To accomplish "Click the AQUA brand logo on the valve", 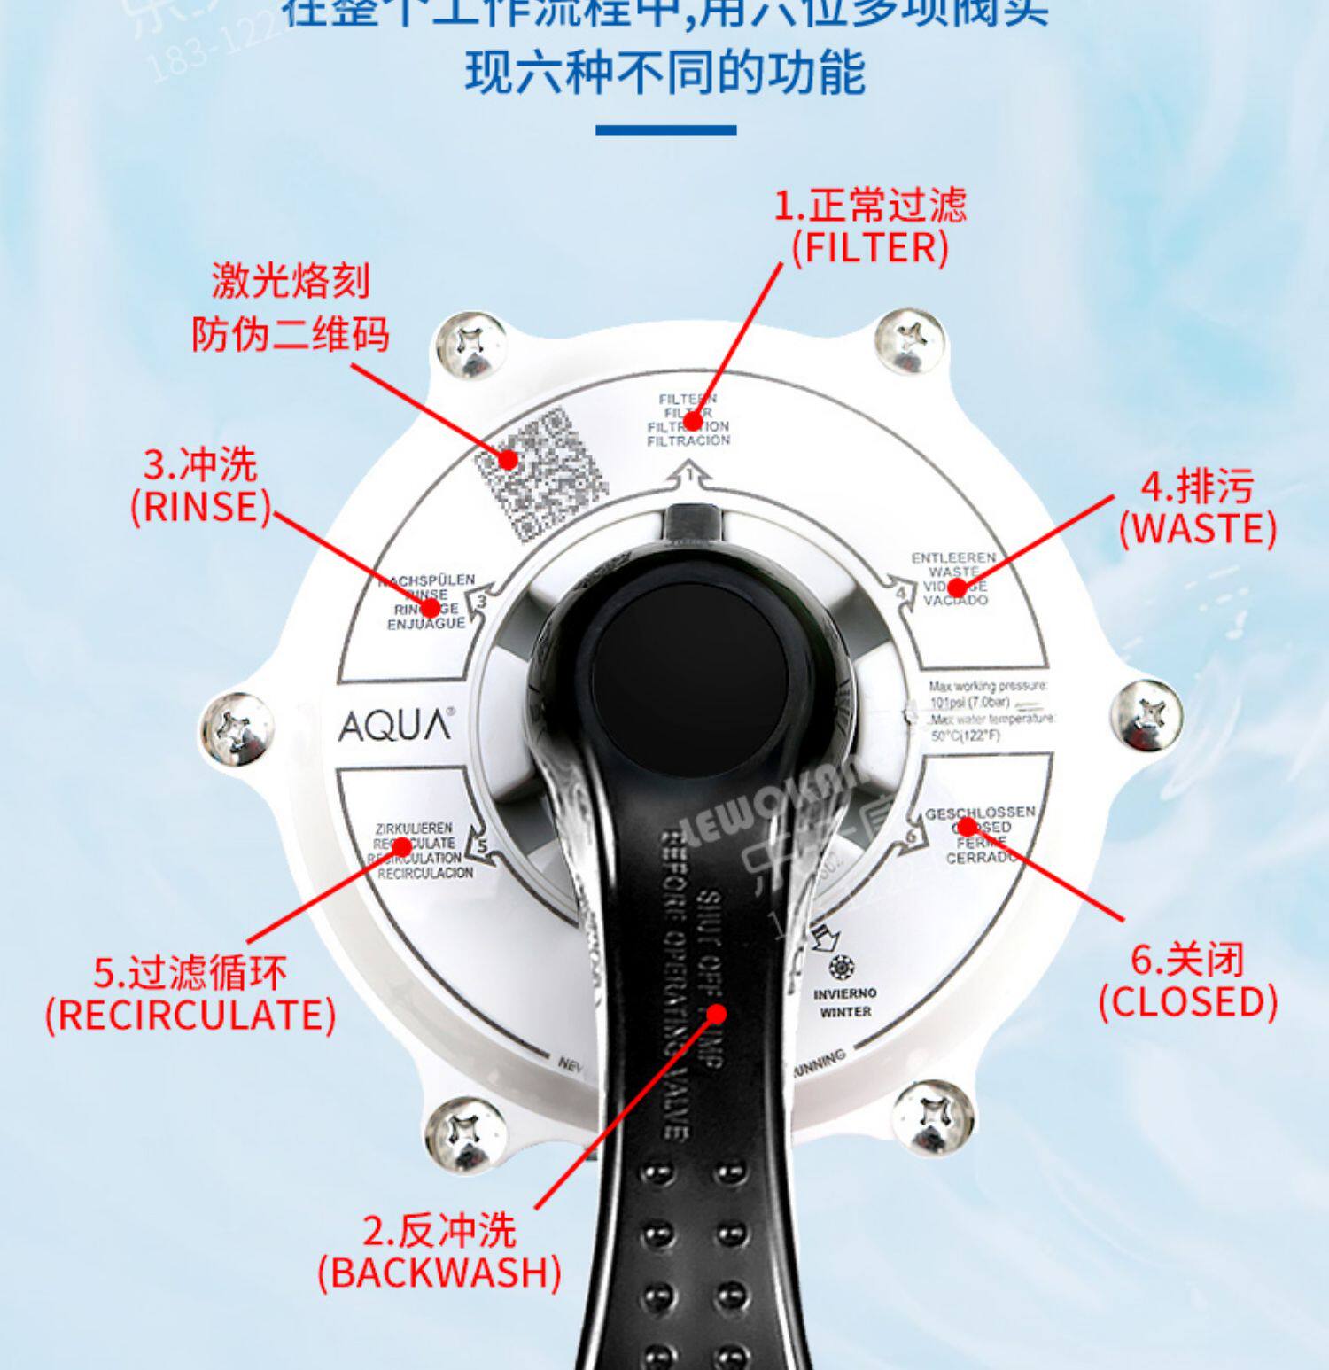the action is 395,726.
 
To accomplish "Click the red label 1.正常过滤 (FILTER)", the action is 870,227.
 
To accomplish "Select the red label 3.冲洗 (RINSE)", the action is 200,486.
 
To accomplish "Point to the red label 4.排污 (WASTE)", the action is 1197,508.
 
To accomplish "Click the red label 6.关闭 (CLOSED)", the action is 1188,981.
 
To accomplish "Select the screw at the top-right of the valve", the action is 908,342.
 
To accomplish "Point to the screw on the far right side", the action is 1146,714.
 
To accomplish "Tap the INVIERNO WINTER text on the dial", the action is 844,1001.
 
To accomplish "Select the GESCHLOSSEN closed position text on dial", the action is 980,834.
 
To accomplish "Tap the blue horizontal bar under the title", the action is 665,130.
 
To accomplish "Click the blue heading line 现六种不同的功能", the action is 665,72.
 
